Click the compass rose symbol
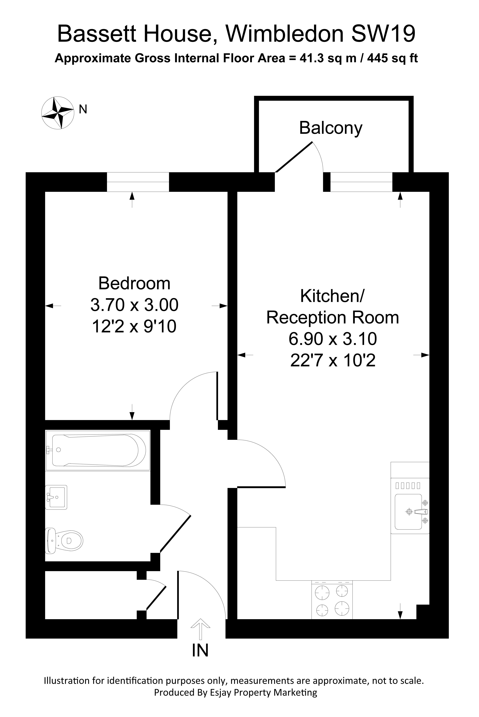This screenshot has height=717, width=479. click(x=58, y=113)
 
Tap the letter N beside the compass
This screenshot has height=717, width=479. click(x=83, y=109)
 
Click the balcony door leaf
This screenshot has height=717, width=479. click(x=294, y=157)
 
